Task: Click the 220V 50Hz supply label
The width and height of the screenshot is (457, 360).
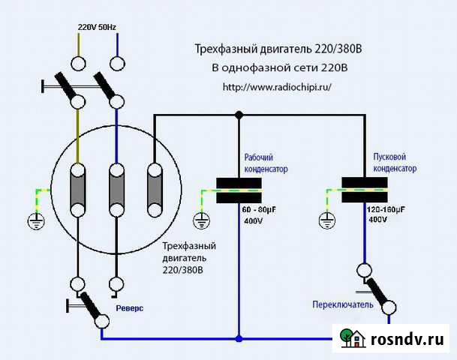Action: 97,28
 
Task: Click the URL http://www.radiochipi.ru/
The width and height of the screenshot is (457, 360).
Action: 276,87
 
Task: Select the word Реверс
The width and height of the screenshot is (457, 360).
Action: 129,308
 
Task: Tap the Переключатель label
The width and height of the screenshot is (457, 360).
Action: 342,304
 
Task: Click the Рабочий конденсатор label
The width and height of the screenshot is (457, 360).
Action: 266,163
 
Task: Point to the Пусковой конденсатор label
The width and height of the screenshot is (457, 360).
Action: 395,163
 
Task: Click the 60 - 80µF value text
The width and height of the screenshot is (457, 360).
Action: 260,207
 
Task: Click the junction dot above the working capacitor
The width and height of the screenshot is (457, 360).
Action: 239,115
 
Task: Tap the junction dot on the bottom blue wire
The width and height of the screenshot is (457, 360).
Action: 239,338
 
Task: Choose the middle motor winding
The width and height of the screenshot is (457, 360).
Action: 116,188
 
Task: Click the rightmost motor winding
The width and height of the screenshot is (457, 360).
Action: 154,188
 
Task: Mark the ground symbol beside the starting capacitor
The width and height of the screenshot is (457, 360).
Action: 326,220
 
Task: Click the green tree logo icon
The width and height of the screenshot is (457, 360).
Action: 347,337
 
